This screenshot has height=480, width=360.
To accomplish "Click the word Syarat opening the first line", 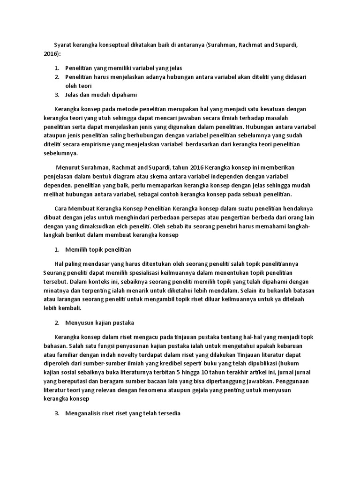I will coord(63,45).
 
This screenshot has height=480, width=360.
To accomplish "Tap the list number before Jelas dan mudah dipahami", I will coord(57,94).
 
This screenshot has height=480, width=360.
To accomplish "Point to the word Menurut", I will coord(68,167).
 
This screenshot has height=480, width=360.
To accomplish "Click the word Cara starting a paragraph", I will coord(61,209).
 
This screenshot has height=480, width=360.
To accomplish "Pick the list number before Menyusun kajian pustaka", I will coord(57,322).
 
